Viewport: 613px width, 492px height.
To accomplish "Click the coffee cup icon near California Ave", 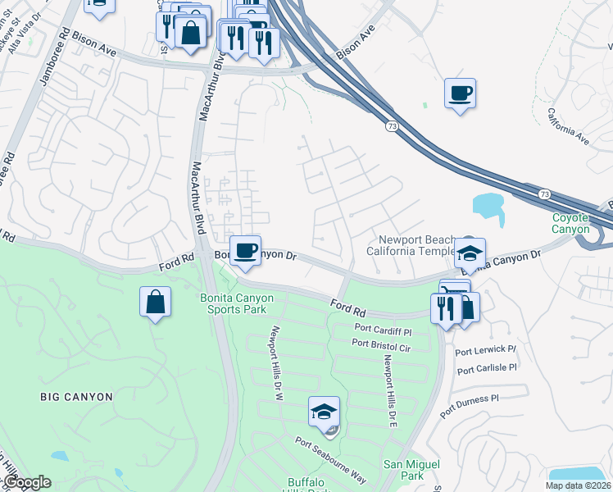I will (x=460, y=92).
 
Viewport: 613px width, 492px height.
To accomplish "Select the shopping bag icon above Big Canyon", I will (x=155, y=302).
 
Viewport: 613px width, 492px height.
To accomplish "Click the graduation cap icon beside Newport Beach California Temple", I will (x=470, y=252).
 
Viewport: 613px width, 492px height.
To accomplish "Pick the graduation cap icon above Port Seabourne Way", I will (x=325, y=410).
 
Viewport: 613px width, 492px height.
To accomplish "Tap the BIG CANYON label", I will (x=77, y=397).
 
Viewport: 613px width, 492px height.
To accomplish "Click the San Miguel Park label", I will (x=403, y=470).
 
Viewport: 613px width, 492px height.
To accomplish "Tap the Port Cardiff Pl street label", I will (x=381, y=329).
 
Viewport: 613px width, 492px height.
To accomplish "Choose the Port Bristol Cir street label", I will (x=382, y=348).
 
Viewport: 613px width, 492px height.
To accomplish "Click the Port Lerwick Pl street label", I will (x=484, y=350).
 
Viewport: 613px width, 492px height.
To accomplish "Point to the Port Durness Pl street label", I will (x=470, y=404).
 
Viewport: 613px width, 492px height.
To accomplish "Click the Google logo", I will (x=27, y=481).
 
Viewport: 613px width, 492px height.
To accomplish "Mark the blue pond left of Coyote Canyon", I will (x=491, y=207).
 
